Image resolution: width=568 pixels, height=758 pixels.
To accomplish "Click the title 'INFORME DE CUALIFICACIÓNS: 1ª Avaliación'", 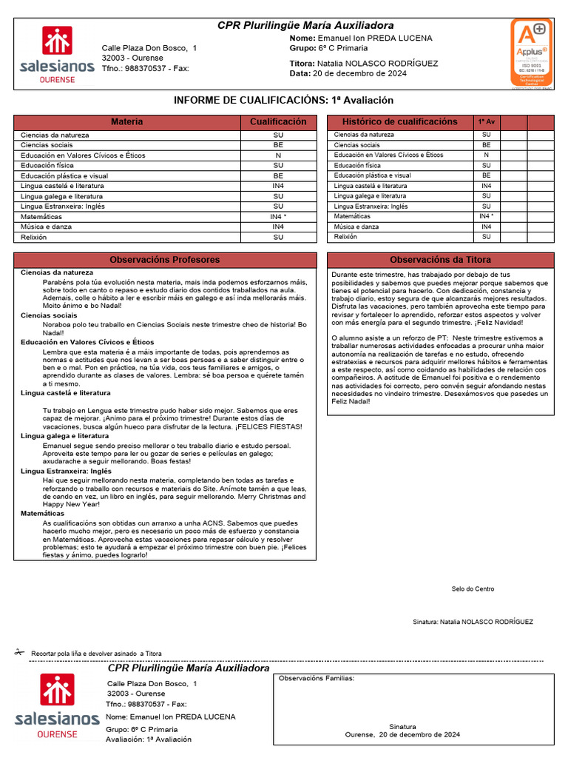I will tap(283, 100).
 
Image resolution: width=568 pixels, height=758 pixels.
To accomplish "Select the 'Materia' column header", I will tap(126, 121).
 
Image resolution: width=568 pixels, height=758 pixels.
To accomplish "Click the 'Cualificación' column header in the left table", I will tap(278, 121).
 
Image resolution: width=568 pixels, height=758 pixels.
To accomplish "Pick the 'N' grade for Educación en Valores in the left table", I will tap(278, 155).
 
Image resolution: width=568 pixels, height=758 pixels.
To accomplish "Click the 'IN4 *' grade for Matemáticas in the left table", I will tap(278, 216).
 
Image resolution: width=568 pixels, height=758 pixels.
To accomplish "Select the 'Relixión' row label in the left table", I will tap(33, 237).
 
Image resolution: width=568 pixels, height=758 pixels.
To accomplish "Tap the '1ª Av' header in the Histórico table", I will tap(487, 121).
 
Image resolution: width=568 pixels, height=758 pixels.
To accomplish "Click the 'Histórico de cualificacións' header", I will tap(400, 121).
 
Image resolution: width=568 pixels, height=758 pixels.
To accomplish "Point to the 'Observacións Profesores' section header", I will tap(165, 260).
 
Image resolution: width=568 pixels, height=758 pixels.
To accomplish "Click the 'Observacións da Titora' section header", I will tap(440, 260).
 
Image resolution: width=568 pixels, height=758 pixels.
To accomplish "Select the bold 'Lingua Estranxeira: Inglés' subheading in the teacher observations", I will tap(66, 471).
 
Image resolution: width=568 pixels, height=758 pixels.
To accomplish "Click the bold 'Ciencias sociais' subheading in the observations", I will tap(49, 315).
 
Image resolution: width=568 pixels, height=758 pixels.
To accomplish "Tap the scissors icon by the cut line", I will tap(19, 652).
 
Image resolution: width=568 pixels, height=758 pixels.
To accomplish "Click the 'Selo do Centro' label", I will tap(473, 589).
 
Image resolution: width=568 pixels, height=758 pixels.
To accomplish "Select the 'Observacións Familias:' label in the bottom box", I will tap(316, 678).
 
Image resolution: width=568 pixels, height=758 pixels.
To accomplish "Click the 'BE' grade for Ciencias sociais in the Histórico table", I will tap(487, 145).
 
